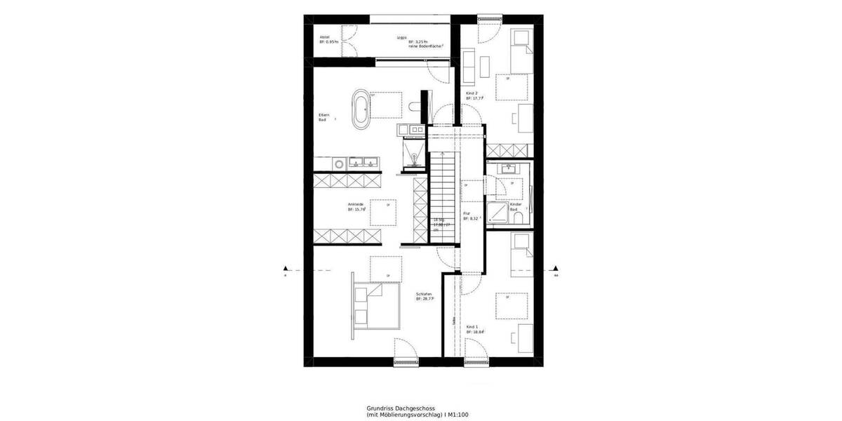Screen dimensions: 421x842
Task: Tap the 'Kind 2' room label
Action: click(x=472, y=93)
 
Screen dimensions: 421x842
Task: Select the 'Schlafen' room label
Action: click(x=423, y=293)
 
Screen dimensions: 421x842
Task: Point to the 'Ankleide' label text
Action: click(x=355, y=204)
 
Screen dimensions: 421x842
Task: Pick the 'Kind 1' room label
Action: click(x=472, y=327)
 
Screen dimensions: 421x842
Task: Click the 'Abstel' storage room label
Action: click(x=325, y=36)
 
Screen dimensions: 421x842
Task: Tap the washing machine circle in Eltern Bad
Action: click(x=339, y=163)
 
